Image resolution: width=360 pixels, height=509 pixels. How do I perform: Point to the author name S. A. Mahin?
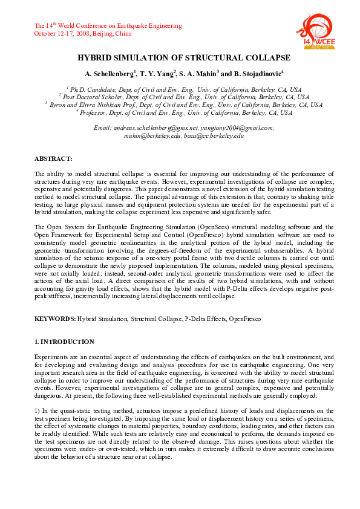199,74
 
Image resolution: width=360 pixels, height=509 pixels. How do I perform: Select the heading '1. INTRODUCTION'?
65,342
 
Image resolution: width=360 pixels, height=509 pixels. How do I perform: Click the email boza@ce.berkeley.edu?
214,137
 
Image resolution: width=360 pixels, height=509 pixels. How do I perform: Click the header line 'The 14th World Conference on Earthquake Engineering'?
108,26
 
